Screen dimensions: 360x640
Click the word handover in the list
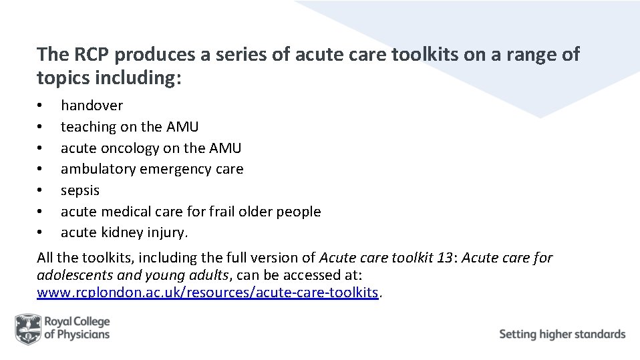pyautogui.click(x=92, y=105)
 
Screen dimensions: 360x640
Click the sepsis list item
pyautogui.click(x=79, y=190)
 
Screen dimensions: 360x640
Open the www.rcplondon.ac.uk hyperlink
pyautogui.click(x=208, y=293)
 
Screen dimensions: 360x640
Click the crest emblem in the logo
pyautogui.click(x=27, y=329)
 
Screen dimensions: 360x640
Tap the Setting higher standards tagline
pyautogui.click(x=562, y=334)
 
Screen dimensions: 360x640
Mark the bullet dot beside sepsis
pyautogui.click(x=40, y=191)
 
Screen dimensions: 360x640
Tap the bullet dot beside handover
pyautogui.click(x=40, y=106)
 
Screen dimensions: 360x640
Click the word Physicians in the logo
pyautogui.click(x=84, y=335)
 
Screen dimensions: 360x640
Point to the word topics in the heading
pyautogui.click(x=60, y=77)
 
